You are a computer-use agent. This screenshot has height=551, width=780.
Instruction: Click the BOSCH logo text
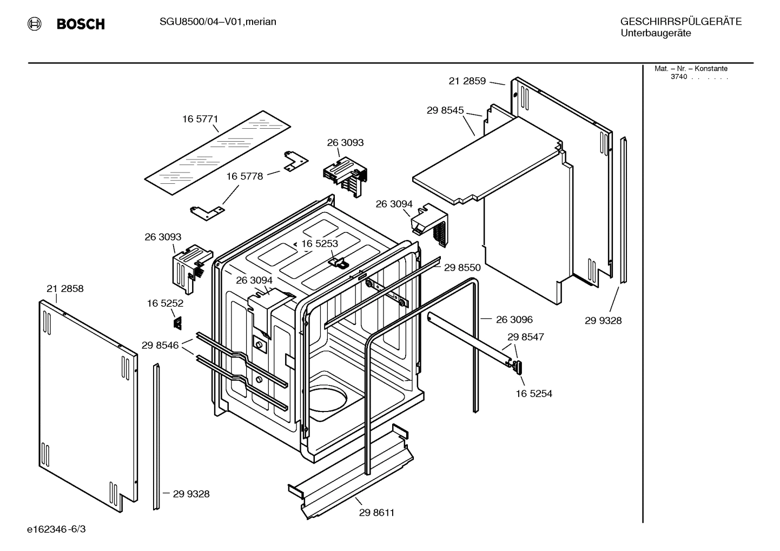tap(81, 24)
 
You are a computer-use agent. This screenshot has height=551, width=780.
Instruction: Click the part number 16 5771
tap(200, 119)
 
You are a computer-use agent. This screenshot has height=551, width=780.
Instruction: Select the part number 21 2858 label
tap(65, 289)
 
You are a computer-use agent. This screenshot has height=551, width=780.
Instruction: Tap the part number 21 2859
tap(467, 81)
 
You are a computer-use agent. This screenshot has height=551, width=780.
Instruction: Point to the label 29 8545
tap(445, 110)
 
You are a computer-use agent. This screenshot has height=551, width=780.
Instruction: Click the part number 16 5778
tap(244, 176)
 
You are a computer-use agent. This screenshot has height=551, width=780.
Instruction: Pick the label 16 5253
tap(319, 244)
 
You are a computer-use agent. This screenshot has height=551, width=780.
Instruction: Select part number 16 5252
tap(165, 304)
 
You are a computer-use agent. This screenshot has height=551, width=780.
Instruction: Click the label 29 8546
tap(160, 345)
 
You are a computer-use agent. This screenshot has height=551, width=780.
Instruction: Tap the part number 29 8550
tap(462, 267)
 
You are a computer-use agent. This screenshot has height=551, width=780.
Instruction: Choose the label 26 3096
tap(514, 320)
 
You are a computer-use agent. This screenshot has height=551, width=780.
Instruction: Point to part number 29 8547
tap(525, 337)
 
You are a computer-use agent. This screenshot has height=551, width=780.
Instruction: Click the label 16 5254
tap(533, 394)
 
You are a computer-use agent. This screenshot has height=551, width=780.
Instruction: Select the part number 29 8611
tap(376, 513)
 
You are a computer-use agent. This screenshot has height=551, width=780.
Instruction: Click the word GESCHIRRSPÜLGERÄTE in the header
tap(680, 22)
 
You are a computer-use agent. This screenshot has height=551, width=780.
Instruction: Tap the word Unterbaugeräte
tap(655, 33)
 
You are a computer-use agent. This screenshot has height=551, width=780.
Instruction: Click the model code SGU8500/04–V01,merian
tap(217, 22)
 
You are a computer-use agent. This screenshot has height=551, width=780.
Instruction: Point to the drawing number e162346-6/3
tap(56, 529)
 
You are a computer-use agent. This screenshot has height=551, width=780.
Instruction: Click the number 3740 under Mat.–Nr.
tap(678, 77)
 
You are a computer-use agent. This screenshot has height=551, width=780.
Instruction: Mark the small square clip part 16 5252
tap(177, 322)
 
